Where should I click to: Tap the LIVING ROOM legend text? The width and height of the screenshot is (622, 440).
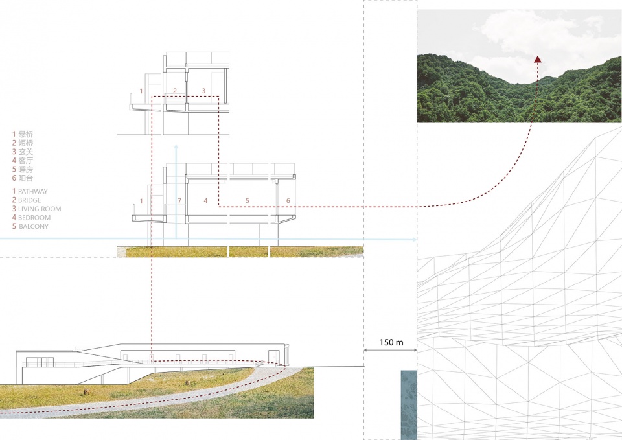pos(40,209)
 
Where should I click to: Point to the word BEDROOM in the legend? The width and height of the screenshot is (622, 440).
pos(34,218)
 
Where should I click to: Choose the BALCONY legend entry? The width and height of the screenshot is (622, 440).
pos(34,227)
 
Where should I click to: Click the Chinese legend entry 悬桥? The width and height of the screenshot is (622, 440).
pos(26,133)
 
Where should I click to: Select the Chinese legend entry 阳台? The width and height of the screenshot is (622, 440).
pos(26,178)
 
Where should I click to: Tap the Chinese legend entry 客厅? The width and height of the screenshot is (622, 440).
pos(26,160)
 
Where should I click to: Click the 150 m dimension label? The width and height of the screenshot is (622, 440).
pos(390,342)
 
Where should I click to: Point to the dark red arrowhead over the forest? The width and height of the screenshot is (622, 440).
pos(537,59)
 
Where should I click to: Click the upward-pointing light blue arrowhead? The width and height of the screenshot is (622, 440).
pos(175,149)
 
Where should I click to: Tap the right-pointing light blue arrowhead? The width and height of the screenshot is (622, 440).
pos(413,240)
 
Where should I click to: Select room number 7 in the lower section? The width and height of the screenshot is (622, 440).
pos(179,201)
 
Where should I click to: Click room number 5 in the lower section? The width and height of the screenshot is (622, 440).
pos(247,201)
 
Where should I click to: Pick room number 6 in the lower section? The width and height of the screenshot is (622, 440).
pos(288,201)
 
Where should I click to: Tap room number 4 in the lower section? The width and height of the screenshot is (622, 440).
pos(205,201)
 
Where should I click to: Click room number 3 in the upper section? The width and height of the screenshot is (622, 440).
pos(203,91)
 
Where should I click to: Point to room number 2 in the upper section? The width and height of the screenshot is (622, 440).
pos(175,91)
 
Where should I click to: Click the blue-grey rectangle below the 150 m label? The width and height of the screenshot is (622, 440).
pos(408,404)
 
